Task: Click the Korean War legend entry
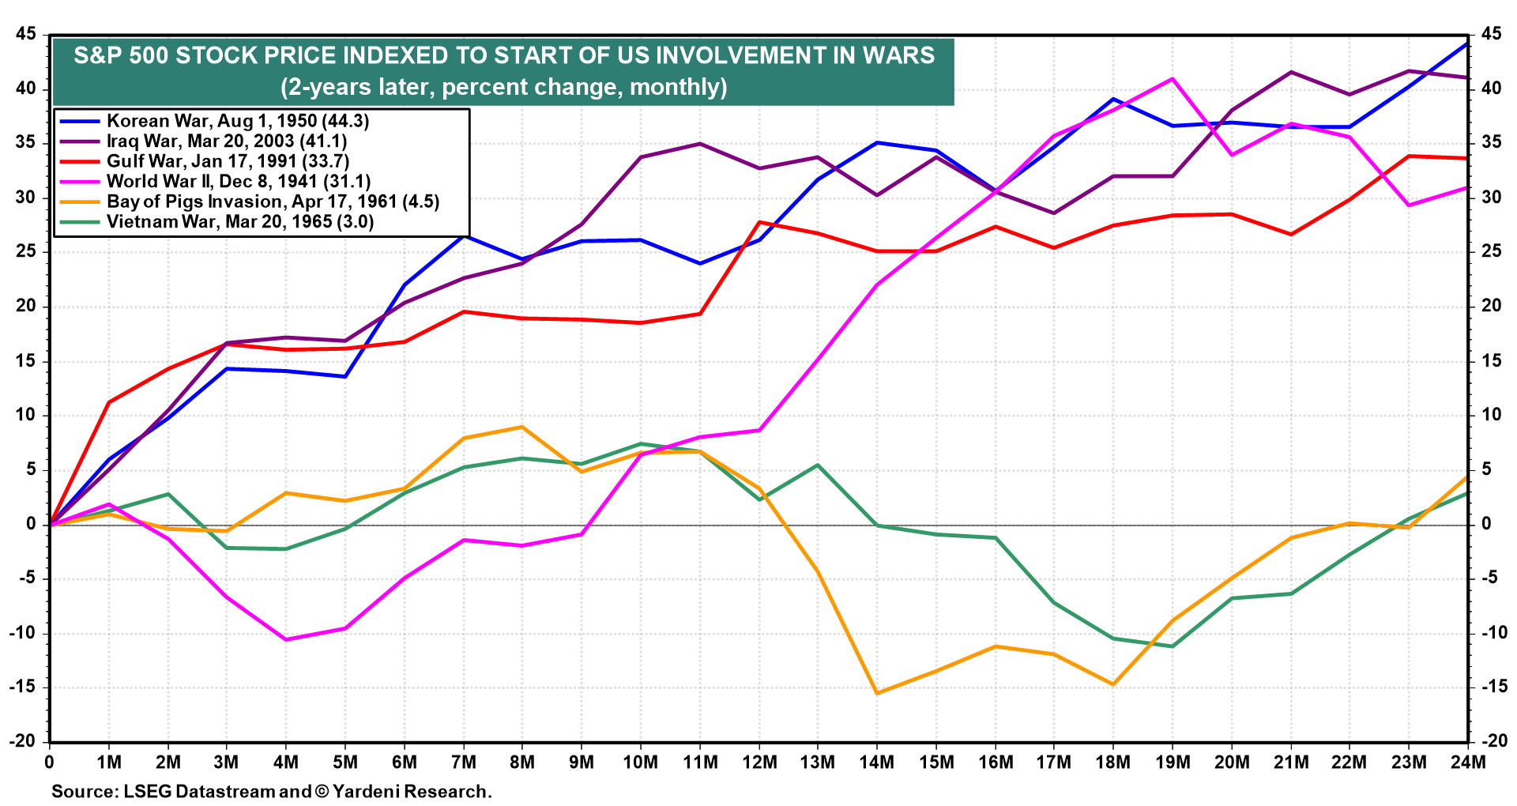click(x=238, y=121)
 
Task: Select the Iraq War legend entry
click(x=227, y=141)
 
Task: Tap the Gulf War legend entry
click(x=228, y=161)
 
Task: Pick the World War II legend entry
click(x=239, y=182)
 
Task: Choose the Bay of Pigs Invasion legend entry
click(x=273, y=201)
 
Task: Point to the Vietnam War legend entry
click(x=240, y=221)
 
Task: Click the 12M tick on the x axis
click(x=758, y=763)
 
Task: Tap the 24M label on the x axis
click(x=1468, y=763)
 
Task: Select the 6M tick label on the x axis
click(x=405, y=763)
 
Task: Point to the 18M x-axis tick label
click(x=1113, y=763)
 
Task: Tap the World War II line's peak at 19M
click(x=1173, y=78)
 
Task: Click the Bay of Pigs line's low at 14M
click(x=877, y=693)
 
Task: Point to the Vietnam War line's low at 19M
click(x=1173, y=646)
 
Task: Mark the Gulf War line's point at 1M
click(x=109, y=402)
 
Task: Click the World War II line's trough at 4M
click(x=286, y=639)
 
